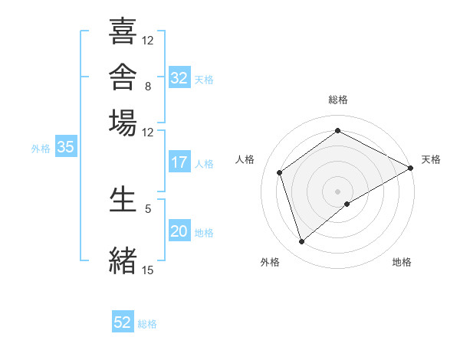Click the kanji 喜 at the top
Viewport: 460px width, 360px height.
pos(123,31)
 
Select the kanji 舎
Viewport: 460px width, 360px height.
pos(123,77)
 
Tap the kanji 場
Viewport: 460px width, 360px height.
pos(123,123)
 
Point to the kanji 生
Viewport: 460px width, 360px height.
pos(123,199)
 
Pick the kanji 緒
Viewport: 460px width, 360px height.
pos(123,260)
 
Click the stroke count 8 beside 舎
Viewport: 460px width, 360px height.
pos(148,87)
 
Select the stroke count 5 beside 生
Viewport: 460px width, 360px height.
pos(148,209)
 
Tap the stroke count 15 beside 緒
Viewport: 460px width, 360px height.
pos(147,270)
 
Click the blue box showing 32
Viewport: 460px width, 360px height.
pos(179,77)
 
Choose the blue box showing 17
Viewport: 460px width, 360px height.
pos(179,162)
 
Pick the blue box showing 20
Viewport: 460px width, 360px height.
pos(179,230)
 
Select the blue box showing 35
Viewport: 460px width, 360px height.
pos(66,146)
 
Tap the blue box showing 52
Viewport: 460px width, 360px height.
pos(123,321)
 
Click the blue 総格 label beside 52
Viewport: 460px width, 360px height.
pos(147,324)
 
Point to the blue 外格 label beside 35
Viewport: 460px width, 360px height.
pos(41,149)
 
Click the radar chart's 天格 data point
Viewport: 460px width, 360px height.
pos(410,168)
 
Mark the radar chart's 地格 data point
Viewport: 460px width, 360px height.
pos(347,204)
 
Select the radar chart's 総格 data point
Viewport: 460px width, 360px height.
pos(337,130)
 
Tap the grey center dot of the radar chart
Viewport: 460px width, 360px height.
pos(337,191)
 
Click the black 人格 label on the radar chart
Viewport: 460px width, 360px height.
pos(245,159)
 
